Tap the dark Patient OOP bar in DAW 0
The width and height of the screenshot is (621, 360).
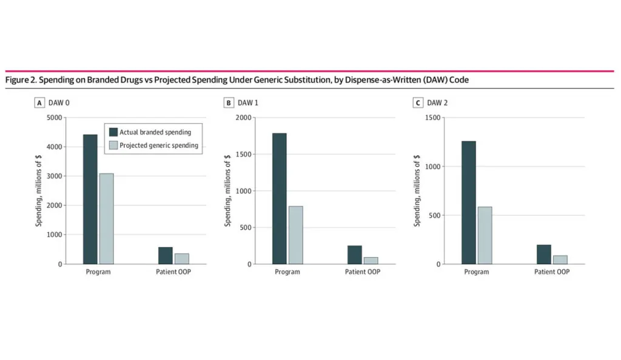[x=165, y=255]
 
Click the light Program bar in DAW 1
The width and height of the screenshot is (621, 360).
[x=295, y=235]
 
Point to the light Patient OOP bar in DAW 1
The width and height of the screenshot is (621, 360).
[x=371, y=261]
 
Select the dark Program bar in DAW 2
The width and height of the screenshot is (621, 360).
[x=468, y=202]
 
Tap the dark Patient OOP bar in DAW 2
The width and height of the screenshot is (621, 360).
[x=544, y=254]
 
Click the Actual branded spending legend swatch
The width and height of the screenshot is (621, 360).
[x=113, y=132]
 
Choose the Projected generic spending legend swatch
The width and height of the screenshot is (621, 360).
[x=113, y=145]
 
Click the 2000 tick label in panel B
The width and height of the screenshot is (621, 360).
[x=243, y=118]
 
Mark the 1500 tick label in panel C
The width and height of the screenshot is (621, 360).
[x=432, y=118]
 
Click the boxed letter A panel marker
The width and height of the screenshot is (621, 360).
[x=39, y=103]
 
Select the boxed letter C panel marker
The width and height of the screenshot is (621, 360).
[x=418, y=103]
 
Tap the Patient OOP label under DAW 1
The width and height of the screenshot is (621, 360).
[x=363, y=272]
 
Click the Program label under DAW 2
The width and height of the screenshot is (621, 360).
[x=477, y=272]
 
